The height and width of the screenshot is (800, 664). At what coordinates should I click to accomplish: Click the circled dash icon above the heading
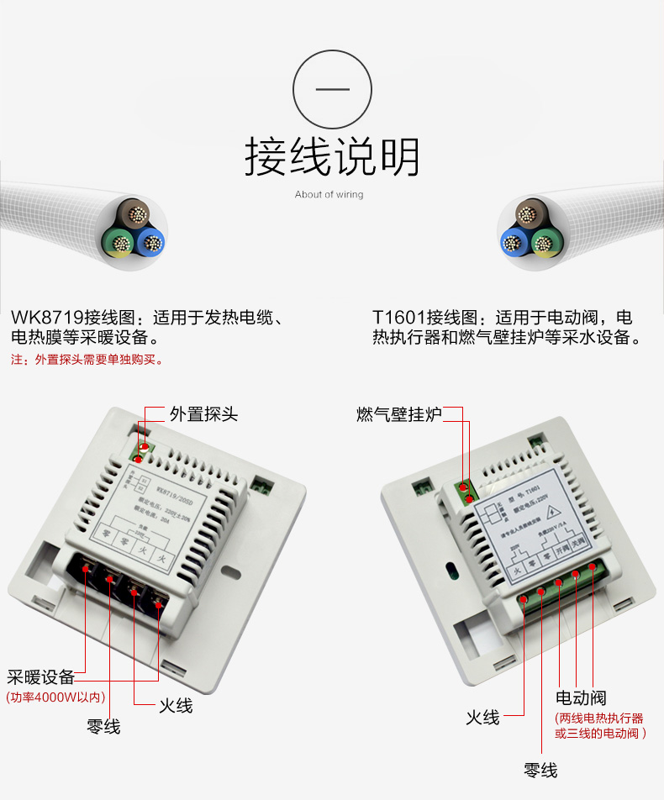coord(332,88)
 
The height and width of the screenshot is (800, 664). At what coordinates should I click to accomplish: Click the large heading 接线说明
coord(332,157)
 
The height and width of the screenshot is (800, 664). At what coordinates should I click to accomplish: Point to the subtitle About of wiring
coord(329,195)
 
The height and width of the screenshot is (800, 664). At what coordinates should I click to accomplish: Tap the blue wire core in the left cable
coord(150,242)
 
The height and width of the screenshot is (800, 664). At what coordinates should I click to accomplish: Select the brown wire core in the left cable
coord(134,214)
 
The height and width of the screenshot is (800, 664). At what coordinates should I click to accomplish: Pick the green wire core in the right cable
coord(542,244)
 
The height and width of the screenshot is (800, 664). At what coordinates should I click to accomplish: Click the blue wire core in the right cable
coord(514,243)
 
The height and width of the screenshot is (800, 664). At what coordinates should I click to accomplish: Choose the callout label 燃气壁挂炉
coord(399,414)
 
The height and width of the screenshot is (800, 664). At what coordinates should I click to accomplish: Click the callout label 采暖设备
coord(41,677)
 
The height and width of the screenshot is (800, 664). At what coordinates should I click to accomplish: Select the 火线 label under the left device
coord(176,706)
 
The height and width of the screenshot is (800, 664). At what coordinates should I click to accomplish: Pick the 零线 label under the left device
coord(103,727)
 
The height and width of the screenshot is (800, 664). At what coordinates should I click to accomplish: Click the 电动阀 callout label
coord(581,698)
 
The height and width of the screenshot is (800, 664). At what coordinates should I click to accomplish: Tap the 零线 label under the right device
coord(540,771)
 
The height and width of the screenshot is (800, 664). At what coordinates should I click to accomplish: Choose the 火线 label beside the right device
coord(483,718)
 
